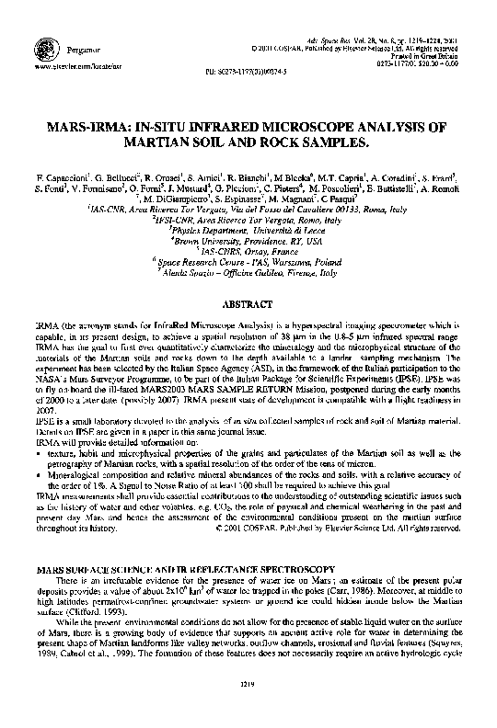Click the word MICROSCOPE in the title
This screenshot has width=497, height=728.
[307, 131]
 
